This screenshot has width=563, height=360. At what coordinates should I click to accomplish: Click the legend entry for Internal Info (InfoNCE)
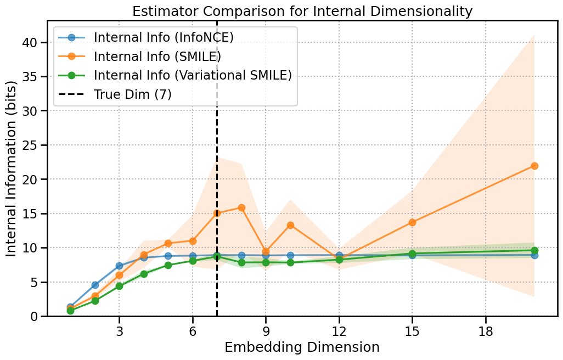[164, 37]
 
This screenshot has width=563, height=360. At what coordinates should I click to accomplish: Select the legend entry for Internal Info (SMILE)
[157, 57]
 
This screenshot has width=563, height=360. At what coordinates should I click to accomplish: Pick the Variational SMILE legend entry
[193, 75]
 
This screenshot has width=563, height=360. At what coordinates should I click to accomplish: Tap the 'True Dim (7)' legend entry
[132, 94]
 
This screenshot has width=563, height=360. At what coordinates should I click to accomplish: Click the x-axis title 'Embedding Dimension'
[302, 347]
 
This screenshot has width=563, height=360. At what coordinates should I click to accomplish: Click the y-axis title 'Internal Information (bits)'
[12, 168]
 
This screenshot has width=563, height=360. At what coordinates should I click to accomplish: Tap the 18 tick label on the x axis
[486, 332]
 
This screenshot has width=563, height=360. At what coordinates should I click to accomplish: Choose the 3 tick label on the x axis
[119, 332]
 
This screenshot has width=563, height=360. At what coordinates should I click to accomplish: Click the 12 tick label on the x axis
[339, 332]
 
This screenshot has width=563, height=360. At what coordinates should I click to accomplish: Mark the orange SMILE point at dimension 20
[534, 166]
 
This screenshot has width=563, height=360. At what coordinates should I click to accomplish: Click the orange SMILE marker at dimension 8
[241, 207]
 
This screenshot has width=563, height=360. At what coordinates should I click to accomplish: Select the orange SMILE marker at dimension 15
[412, 222]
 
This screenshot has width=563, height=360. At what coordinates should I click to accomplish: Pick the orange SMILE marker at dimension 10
[290, 225]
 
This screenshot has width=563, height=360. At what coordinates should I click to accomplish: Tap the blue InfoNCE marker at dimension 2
[95, 285]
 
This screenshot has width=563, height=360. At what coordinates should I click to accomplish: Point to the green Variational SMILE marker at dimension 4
[144, 274]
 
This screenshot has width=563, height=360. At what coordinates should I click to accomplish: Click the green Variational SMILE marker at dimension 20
[534, 250]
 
